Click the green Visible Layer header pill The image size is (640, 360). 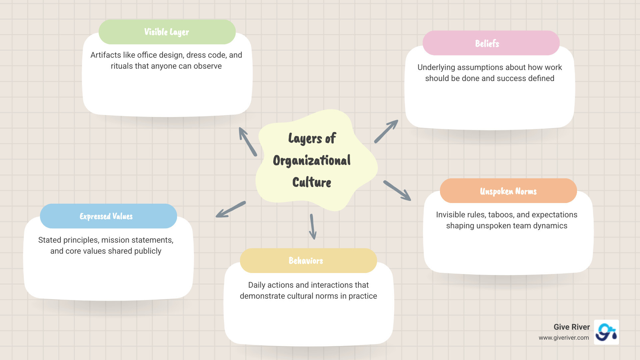[167, 32]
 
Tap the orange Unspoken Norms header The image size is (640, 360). [508, 191]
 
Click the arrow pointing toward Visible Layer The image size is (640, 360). [247, 141]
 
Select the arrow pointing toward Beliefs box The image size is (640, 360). [386, 132]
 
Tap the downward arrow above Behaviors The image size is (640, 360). [312, 227]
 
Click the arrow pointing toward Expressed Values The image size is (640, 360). [231, 209]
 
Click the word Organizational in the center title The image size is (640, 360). [312, 161]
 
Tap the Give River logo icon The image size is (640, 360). [606, 332]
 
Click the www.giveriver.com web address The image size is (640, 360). [564, 338]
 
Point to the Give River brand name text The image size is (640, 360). [571, 327]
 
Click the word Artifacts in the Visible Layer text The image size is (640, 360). [105, 55]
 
